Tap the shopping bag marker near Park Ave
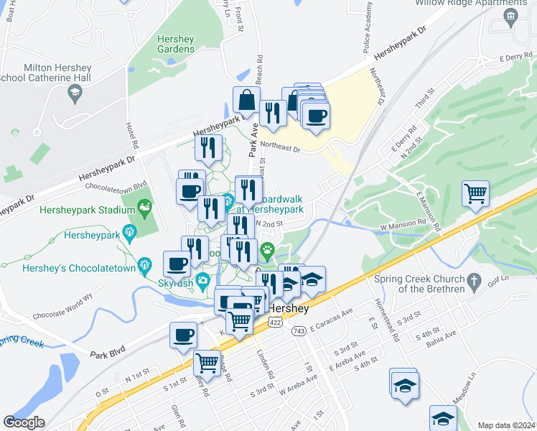pyautogui.click(x=246, y=101)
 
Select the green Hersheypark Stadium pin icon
pyautogui.click(x=144, y=209)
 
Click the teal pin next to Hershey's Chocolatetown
pyautogui.click(x=144, y=264)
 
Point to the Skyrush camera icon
pyautogui.click(x=203, y=280)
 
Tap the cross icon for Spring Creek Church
pyautogui.click(x=472, y=279)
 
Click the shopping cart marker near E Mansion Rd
pyautogui.click(x=475, y=194)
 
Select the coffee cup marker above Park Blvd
pyautogui.click(x=183, y=335)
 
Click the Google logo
pyautogui.click(x=24, y=422)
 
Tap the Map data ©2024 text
pyautogui.click(x=506, y=425)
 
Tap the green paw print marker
pyautogui.click(x=268, y=252)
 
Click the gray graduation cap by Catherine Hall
pyautogui.click(x=75, y=92)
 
